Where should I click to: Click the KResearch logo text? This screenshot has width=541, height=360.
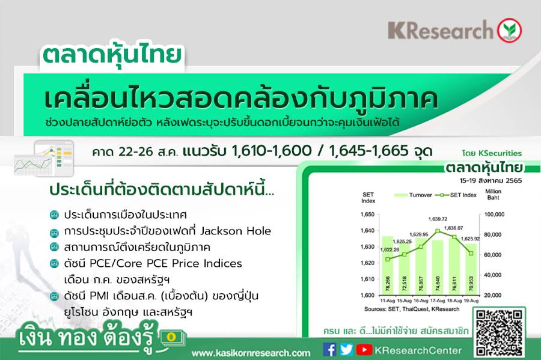click(x=441, y=30)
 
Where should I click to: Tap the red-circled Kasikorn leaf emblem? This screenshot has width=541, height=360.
click(x=509, y=30)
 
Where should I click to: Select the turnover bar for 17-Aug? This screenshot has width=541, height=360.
click(x=438, y=267)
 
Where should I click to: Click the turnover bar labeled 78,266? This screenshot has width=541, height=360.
click(x=388, y=266)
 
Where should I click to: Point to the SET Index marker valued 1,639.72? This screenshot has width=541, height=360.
click(x=438, y=231)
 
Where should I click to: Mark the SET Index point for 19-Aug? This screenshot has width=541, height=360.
click(x=471, y=254)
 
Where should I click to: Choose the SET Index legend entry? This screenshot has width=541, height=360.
click(x=456, y=195)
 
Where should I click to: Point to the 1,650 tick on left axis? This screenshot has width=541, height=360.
click(x=367, y=215)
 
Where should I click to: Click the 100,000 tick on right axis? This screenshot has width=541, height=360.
click(x=494, y=215)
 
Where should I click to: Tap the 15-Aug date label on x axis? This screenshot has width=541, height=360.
click(x=404, y=301)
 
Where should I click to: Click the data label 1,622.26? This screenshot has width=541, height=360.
click(x=390, y=249)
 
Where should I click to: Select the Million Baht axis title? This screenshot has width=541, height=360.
click(x=493, y=195)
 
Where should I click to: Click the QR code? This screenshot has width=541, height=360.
click(x=499, y=332)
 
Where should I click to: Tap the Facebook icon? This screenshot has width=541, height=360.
click(x=329, y=350)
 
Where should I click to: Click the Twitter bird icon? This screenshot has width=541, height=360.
click(x=346, y=350)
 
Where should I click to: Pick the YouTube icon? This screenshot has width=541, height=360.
click(x=364, y=350)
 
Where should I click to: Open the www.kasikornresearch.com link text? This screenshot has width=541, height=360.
click(x=251, y=353)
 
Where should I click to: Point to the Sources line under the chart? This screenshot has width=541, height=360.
click(x=412, y=310)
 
